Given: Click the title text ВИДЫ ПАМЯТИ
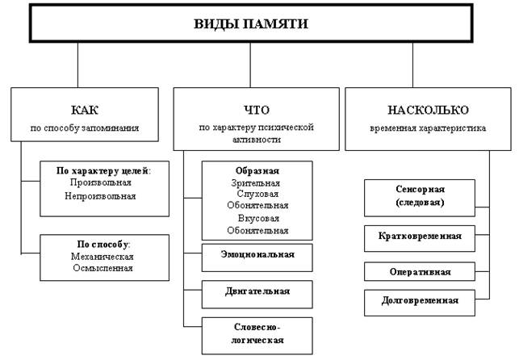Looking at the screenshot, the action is pos(251,24).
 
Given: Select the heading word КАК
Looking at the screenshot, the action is pos(85,110).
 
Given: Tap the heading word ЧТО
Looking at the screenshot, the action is pos(257,110).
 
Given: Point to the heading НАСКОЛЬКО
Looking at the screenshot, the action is pos(428,110).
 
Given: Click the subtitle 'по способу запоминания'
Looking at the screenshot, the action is pos(85,128).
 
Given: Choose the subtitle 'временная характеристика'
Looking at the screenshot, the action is pos(428,128).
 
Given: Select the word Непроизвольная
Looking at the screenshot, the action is pos(100,196).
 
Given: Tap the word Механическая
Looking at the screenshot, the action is pos(102,257).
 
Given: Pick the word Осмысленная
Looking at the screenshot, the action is pos(103,268).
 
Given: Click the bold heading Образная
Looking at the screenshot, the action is pos(257,171).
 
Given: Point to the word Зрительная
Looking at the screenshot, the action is pos(256,183).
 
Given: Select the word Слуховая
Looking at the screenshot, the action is pos(257,194).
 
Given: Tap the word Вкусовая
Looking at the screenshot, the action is pos(258,219).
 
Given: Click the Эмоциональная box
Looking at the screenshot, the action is pos(257,257).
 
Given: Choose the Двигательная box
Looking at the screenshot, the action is pos(257,295).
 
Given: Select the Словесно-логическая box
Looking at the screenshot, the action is pos(257,336).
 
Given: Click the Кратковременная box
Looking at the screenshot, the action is pos(420,239).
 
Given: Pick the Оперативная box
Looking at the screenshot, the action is pos(420,272).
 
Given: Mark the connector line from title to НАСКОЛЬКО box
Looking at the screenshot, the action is pos(412,65).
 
